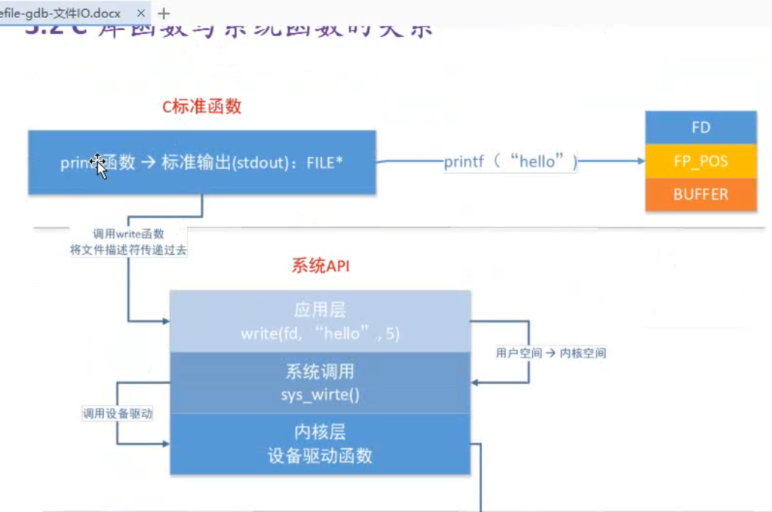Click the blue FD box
pyautogui.click(x=701, y=127)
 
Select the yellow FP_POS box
pyautogui.click(x=701, y=161)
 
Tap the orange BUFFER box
pyautogui.click(x=701, y=194)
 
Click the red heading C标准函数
pyautogui.click(x=202, y=107)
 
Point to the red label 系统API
pyautogui.click(x=320, y=266)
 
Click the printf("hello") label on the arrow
pyautogui.click(x=510, y=162)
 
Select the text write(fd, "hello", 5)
pyautogui.click(x=320, y=334)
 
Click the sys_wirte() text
pyautogui.click(x=320, y=395)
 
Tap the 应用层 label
pyautogui.click(x=320, y=310)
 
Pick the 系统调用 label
pyautogui.click(x=320, y=371)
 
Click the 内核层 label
pyautogui.click(x=320, y=432)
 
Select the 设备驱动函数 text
pyautogui.click(x=320, y=456)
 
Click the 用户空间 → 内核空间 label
pyautogui.click(x=551, y=353)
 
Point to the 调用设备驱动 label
pyautogui.click(x=117, y=414)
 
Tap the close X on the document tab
pyautogui.click(x=141, y=13)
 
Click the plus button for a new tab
pyautogui.click(x=164, y=13)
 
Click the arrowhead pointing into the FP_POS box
pyautogui.click(x=639, y=161)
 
